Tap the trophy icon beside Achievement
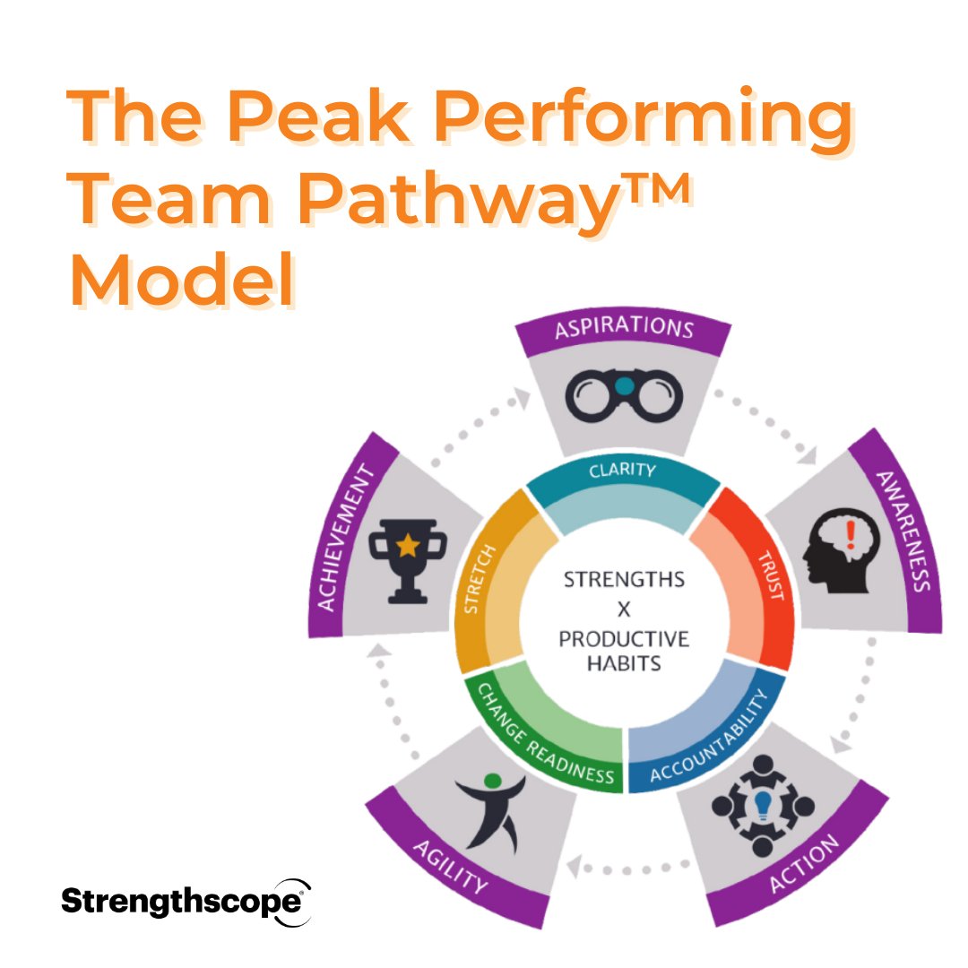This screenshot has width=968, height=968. pos(409,558)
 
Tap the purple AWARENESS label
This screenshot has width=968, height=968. pos(902,531)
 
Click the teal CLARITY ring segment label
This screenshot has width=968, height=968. pos(622,470)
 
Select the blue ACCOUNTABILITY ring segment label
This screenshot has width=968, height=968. pos(710,737)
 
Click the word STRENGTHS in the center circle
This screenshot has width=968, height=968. pos(624,580)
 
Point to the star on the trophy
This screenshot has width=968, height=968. pos(408,544)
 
